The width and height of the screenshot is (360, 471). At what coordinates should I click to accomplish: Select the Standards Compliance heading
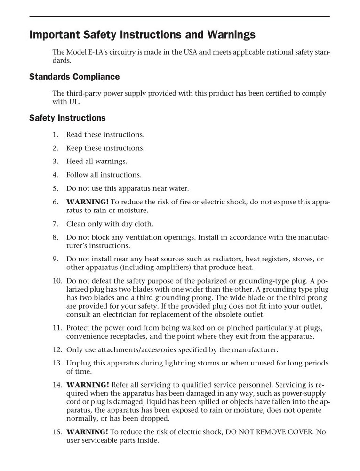click(74, 77)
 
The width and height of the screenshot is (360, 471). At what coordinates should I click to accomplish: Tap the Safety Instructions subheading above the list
click(67, 118)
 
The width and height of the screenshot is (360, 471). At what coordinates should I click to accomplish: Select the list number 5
click(55, 188)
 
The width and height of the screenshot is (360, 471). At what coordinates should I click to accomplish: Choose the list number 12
click(56, 350)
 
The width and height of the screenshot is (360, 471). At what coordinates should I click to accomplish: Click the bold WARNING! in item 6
click(88, 202)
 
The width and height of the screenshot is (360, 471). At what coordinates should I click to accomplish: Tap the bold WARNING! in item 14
click(88, 384)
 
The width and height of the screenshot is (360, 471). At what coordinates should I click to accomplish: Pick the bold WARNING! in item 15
click(88, 432)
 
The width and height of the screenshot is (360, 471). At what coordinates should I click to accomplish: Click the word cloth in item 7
click(144, 224)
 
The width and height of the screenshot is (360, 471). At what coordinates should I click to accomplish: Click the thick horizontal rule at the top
click(179, 17)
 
